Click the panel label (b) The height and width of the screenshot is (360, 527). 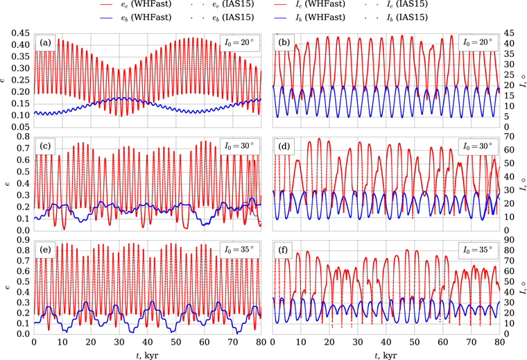click(283, 42)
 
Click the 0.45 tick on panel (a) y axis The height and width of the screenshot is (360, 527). click(19, 32)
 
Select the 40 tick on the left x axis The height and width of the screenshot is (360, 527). click(148, 343)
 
